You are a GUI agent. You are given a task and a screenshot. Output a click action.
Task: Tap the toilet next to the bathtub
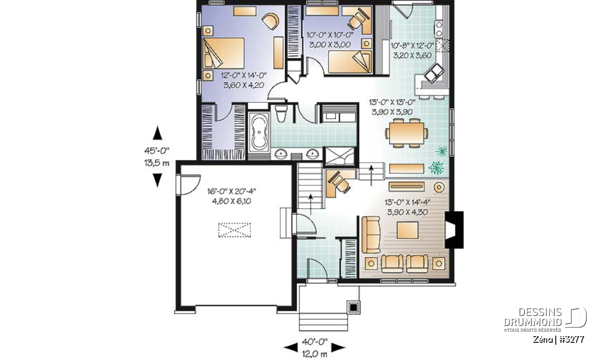pyautogui.click(x=281, y=113)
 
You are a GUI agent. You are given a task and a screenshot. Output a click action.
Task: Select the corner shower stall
pyautogui.click(x=340, y=156)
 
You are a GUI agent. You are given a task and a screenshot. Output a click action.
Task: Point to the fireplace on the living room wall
pyautogui.click(x=453, y=229)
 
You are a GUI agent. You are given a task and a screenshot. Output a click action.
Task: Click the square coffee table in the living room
pyautogui.click(x=407, y=230)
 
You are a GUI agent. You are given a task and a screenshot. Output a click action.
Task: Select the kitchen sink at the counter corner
pyautogui.click(x=434, y=72)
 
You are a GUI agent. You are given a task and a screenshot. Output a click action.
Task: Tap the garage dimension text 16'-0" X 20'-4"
pyautogui.click(x=232, y=191)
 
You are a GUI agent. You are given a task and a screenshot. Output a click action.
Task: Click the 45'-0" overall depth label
pyautogui.click(x=157, y=150)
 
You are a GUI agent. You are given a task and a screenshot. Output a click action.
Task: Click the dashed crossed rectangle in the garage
pyautogui.click(x=235, y=230)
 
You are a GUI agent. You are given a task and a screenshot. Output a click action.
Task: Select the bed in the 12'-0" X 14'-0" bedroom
pyautogui.click(x=223, y=53)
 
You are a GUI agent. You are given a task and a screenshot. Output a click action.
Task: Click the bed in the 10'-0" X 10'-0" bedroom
pyautogui.click(x=349, y=62)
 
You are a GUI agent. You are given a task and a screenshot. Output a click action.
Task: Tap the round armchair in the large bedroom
pyautogui.click(x=271, y=21)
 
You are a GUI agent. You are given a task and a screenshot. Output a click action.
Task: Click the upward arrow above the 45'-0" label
pyautogui.click(x=158, y=133)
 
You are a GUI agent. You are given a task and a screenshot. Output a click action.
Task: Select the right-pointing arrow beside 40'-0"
pyautogui.click(x=338, y=347)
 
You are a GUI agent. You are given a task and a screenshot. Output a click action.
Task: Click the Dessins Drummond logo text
pyautogui.click(x=533, y=317)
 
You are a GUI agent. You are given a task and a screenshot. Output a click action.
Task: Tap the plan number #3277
pyautogui.click(x=571, y=340)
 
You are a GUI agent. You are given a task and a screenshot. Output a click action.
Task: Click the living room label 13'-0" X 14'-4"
pyautogui.click(x=408, y=202)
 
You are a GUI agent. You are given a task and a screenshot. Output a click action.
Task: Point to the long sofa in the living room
pyautogui.click(x=371, y=235)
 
